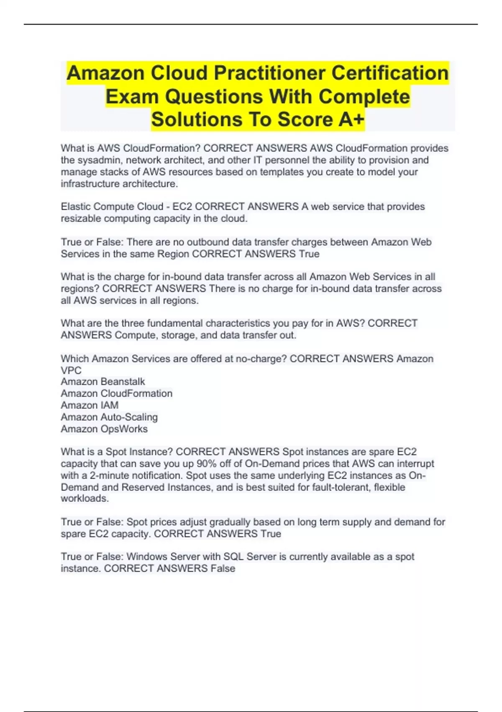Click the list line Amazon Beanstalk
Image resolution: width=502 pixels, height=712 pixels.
[x=102, y=382]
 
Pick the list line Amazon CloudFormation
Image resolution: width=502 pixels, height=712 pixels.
[x=116, y=393]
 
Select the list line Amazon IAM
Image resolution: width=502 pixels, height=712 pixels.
[x=90, y=405]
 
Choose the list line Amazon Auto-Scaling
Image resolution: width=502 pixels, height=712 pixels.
[x=109, y=417]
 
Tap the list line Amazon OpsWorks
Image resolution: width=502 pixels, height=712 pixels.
[x=104, y=429]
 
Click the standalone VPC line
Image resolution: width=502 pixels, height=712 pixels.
[x=71, y=370]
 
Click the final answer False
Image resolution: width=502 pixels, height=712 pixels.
[x=223, y=568]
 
